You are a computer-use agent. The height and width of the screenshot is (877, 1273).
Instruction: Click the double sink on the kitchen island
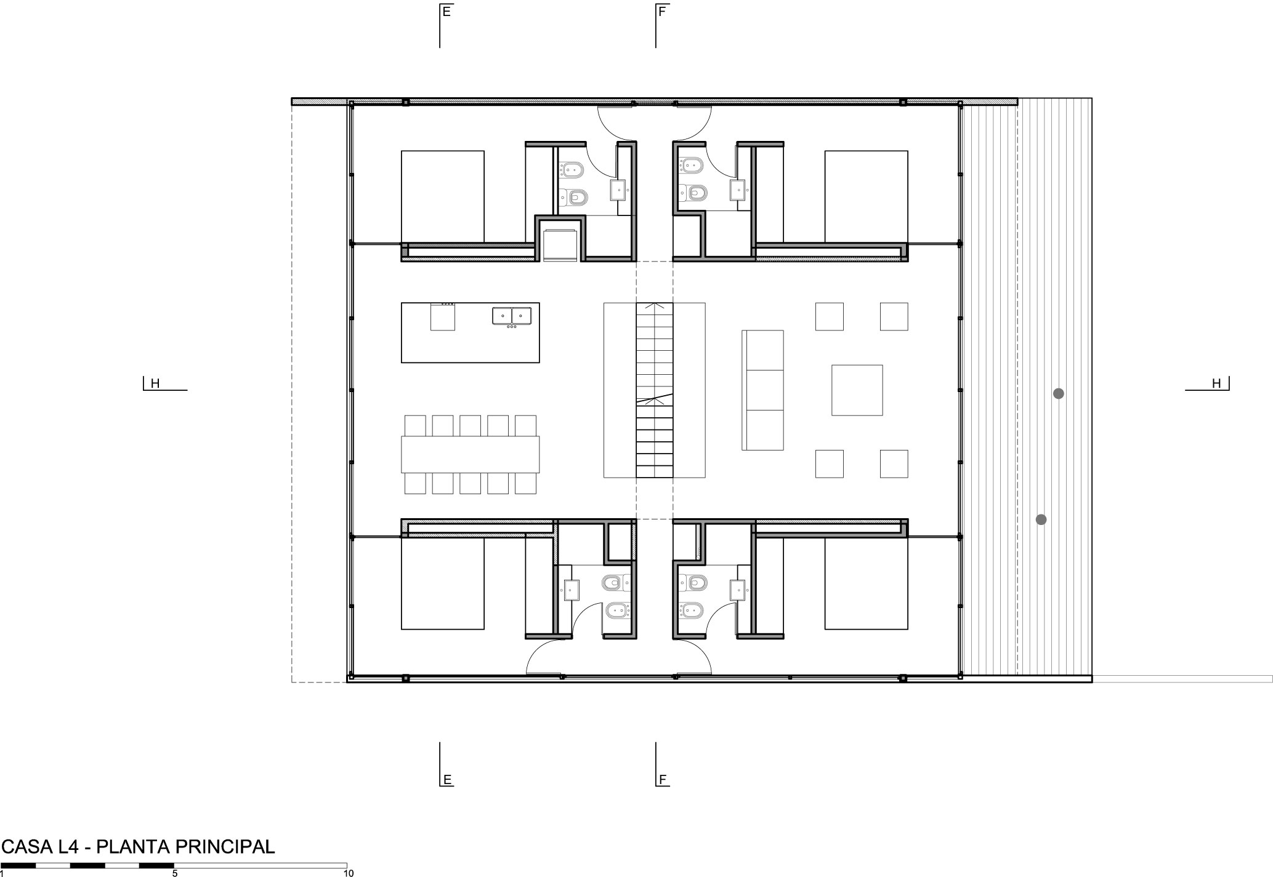[512, 316]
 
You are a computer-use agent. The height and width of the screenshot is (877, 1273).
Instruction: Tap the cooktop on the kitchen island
[443, 316]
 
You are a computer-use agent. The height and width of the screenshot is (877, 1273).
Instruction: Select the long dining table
[471, 454]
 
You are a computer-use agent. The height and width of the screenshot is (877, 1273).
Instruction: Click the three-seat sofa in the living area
[762, 390]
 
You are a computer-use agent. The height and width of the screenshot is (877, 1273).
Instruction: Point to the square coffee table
[857, 390]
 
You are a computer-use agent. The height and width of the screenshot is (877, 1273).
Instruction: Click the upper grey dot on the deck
[1058, 393]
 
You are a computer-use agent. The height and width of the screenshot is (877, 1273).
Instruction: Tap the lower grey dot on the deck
[1041, 519]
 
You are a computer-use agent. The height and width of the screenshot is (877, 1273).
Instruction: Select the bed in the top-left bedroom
[443, 197]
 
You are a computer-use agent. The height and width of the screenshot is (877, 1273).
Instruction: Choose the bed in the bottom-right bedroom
[867, 583]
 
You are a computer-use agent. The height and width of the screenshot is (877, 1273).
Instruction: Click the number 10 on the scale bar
[349, 873]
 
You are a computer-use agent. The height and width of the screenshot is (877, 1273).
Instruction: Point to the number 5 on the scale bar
[175, 873]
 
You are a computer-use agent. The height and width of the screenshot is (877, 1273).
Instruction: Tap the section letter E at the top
[447, 11]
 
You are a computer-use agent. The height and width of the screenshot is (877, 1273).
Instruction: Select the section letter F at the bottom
[663, 780]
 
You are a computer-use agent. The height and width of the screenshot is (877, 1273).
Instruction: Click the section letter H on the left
[155, 383]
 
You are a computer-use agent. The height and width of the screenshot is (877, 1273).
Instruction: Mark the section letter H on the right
[1216, 383]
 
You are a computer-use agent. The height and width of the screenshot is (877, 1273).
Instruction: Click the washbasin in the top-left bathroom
[619, 190]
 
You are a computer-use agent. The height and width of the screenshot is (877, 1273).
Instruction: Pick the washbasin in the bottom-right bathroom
[738, 590]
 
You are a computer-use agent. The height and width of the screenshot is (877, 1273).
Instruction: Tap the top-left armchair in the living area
[830, 316]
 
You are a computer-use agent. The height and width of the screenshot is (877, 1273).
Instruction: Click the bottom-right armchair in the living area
[894, 464]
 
